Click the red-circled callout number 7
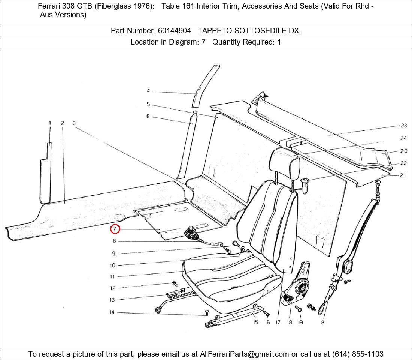(x=115, y=229)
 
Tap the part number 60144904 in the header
(x=174, y=31)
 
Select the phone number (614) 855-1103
(x=358, y=354)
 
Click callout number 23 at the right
(x=404, y=126)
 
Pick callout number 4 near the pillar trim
(x=148, y=91)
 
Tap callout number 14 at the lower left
(x=112, y=312)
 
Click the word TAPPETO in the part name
(x=215, y=31)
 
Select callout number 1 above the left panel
(x=50, y=123)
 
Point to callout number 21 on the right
(x=403, y=175)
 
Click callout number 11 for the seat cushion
(x=112, y=277)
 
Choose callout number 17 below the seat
(x=278, y=322)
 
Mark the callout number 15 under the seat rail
(x=256, y=322)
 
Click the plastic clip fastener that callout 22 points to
(x=305, y=186)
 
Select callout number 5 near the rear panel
(x=148, y=104)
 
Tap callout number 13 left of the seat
(x=112, y=300)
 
